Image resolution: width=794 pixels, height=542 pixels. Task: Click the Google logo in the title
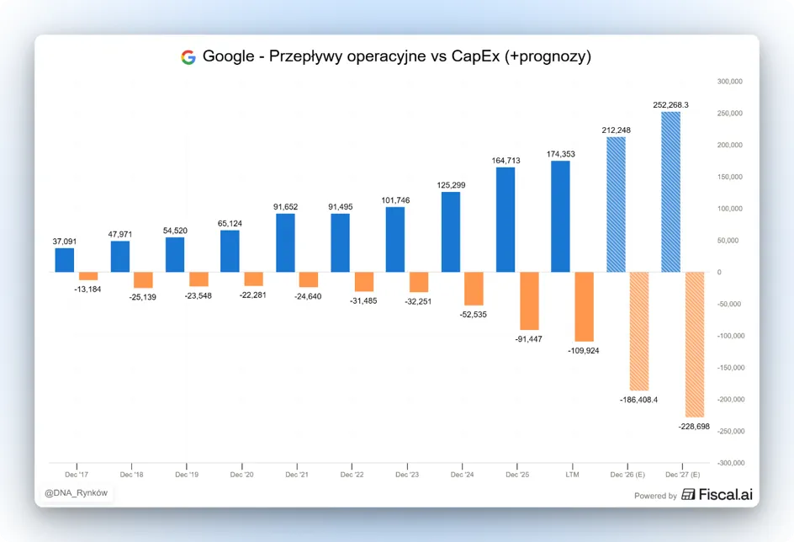click(188, 57)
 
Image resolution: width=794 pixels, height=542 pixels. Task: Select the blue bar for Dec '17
click(64, 260)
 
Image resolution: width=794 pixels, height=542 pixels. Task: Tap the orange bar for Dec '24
click(474, 289)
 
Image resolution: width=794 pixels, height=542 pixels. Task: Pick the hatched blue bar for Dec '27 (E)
click(671, 192)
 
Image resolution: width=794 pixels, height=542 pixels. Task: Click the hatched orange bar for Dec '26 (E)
click(639, 332)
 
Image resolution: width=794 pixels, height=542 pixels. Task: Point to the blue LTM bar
click(560, 216)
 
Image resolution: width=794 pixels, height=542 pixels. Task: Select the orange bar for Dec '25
click(529, 301)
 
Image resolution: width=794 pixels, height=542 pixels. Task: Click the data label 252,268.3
click(671, 105)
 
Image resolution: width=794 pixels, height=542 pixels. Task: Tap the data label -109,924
click(584, 350)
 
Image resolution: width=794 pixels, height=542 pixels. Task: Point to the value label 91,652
click(286, 207)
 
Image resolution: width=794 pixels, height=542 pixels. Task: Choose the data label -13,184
click(87, 290)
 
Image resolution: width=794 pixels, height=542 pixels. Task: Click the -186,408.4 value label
click(638, 400)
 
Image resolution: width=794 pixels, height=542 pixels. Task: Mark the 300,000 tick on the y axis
click(730, 82)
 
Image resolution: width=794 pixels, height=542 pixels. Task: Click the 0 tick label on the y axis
click(719, 272)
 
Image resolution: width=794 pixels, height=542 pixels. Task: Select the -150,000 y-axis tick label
click(731, 368)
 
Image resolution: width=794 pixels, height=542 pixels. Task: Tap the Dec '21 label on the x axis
click(297, 475)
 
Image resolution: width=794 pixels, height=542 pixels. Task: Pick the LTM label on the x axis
click(572, 475)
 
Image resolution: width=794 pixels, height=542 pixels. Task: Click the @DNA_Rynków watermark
click(76, 493)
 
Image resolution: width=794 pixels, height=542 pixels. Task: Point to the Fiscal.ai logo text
click(726, 494)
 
